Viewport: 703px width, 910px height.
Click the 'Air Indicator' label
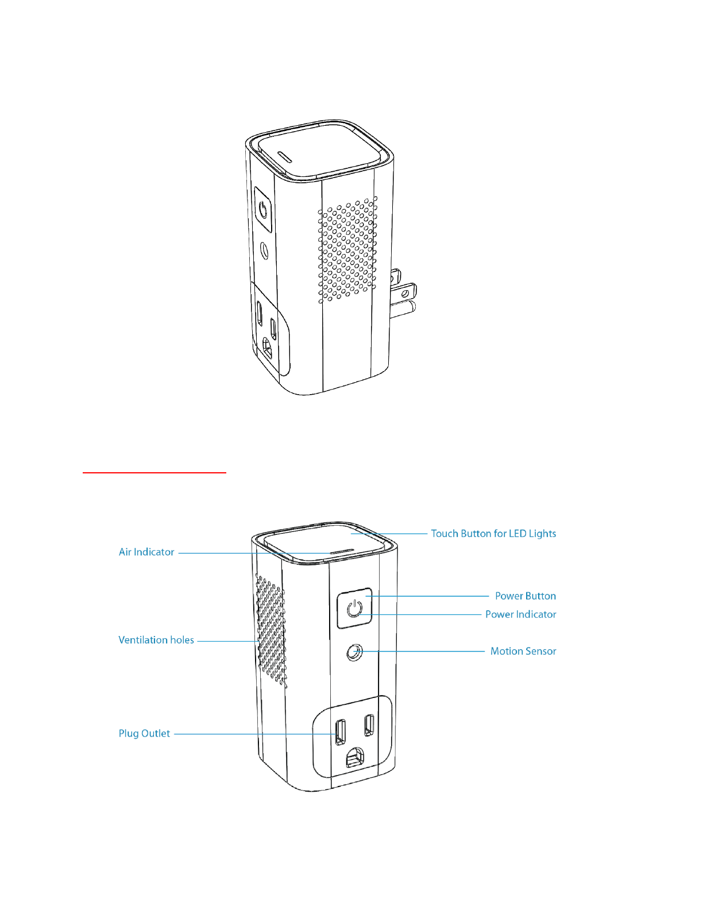point(146,552)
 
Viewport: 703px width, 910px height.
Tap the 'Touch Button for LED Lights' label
point(493,534)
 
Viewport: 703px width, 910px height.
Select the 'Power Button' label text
point(525,596)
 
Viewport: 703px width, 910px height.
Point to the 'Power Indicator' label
point(520,615)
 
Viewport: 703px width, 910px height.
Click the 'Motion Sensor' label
point(523,651)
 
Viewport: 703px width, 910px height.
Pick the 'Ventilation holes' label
point(156,640)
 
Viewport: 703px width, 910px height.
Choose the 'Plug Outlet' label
point(144,734)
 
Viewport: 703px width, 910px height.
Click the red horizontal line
point(154,472)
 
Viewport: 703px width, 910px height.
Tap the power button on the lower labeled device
point(354,608)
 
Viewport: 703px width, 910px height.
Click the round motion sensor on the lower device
point(355,652)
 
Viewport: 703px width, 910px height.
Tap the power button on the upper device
point(263,209)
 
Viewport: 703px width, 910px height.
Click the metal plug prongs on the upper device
point(403,293)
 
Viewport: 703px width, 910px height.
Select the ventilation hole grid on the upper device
point(348,250)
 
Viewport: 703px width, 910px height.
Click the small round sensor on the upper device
point(265,251)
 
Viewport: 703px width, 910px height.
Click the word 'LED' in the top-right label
point(517,534)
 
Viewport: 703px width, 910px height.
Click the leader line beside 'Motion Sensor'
point(425,651)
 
